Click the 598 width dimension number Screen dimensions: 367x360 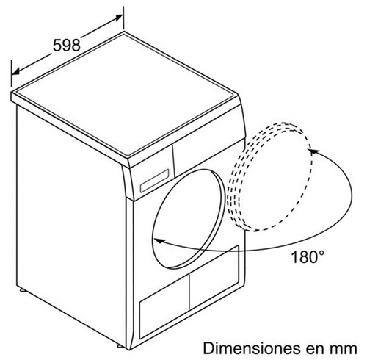click(67, 45)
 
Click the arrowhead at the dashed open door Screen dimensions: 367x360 click(314, 152)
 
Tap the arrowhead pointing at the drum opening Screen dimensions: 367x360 click(159, 241)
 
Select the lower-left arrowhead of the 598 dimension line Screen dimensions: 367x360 click(15, 71)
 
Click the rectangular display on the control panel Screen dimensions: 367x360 click(154, 181)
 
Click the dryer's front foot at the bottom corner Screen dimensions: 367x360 click(121, 346)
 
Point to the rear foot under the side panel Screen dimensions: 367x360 click(23, 290)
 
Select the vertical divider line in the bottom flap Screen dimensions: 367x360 click(189, 292)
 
